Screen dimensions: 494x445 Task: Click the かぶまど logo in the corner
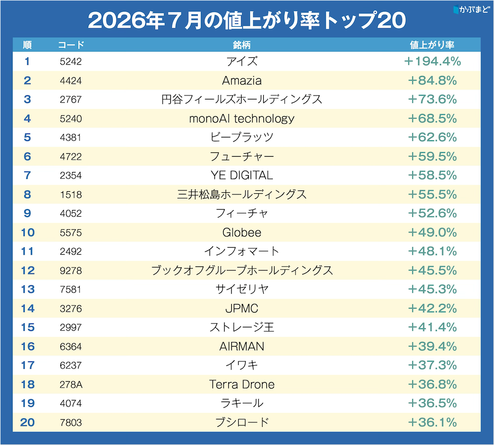[472, 9]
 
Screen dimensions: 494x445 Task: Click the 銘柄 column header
[242, 45]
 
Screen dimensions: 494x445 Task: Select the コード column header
[71, 45]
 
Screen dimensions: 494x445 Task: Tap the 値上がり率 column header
[432, 45]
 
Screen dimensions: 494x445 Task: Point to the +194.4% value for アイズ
[432, 61]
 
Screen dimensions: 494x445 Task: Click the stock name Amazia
[242, 81]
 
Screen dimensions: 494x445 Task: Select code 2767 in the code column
[71, 99]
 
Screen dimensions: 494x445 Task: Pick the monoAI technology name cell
[242, 119]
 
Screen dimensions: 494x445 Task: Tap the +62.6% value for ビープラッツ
[432, 137]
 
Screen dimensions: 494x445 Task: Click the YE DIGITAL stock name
[242, 176]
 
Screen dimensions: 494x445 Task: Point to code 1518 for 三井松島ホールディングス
[71, 195]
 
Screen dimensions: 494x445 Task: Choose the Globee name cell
[242, 232]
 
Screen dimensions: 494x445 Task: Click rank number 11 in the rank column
[27, 251]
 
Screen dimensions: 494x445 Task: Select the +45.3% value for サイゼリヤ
[432, 289]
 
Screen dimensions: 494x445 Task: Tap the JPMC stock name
[242, 309]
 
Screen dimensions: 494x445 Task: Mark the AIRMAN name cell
[242, 346]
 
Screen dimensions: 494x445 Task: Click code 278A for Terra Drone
[71, 385]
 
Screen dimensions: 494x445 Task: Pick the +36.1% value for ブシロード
[432, 422]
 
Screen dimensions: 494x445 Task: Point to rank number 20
[27, 422]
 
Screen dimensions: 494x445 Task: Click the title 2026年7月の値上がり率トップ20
[247, 20]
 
